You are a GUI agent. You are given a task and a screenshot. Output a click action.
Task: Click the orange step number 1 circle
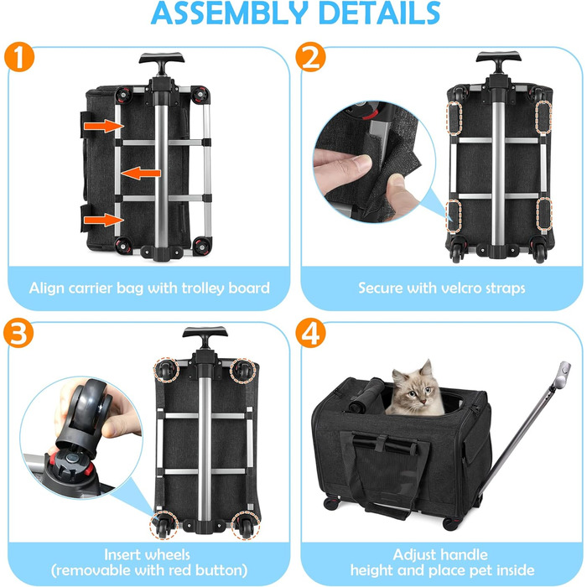coord(19,56)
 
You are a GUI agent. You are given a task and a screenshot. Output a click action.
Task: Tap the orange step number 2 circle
coord(310,56)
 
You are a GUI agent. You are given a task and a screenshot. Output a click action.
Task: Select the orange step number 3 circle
coord(18,333)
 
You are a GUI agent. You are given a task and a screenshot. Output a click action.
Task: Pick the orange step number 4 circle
coord(310,333)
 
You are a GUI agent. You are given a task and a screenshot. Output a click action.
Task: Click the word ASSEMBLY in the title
coord(230,13)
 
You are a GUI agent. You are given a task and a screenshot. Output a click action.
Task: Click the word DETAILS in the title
coord(380,13)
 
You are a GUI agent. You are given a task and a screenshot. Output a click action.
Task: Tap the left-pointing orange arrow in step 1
coord(141,173)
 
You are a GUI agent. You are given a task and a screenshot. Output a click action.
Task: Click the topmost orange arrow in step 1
coord(104,126)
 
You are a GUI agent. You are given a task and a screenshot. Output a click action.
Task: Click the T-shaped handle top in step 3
coord(205,334)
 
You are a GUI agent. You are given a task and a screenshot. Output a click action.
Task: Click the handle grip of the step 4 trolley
coord(564,375)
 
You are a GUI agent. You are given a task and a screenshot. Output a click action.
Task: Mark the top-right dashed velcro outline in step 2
coord(543,117)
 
